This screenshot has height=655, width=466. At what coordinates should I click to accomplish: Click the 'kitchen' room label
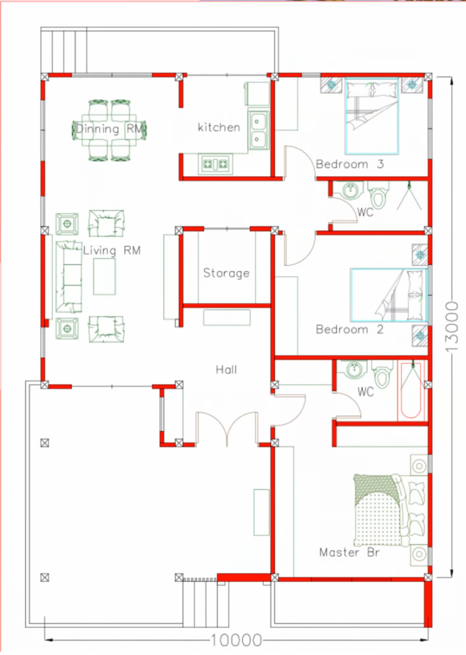click(x=219, y=127)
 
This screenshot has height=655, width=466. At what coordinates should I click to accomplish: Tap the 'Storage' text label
click(x=226, y=273)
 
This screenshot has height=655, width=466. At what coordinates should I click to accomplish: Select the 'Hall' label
click(x=226, y=369)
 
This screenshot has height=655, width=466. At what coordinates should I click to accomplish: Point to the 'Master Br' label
click(x=350, y=552)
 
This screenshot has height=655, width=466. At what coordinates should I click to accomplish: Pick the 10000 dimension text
click(x=237, y=640)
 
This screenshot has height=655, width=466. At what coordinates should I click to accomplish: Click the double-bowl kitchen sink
click(x=258, y=129)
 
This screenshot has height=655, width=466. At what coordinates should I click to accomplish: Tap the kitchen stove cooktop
click(x=215, y=164)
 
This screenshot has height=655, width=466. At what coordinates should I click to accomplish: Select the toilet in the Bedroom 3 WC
click(x=378, y=195)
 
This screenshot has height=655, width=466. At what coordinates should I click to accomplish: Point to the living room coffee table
click(x=104, y=276)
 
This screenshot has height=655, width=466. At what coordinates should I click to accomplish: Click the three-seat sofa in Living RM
click(x=69, y=276)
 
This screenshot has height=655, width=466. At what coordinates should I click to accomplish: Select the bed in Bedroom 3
click(x=371, y=116)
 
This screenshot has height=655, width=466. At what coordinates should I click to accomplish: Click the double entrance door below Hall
click(x=227, y=428)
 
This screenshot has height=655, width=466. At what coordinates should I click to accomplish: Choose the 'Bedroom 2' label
click(x=350, y=329)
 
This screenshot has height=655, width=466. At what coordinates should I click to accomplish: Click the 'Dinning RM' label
click(x=109, y=129)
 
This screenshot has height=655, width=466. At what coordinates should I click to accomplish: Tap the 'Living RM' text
click(x=111, y=251)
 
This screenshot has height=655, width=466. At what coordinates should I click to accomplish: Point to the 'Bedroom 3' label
click(x=350, y=164)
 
